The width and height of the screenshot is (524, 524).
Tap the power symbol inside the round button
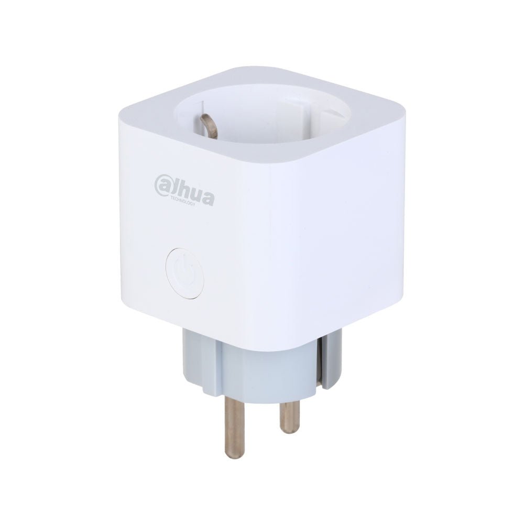point(182,273)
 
